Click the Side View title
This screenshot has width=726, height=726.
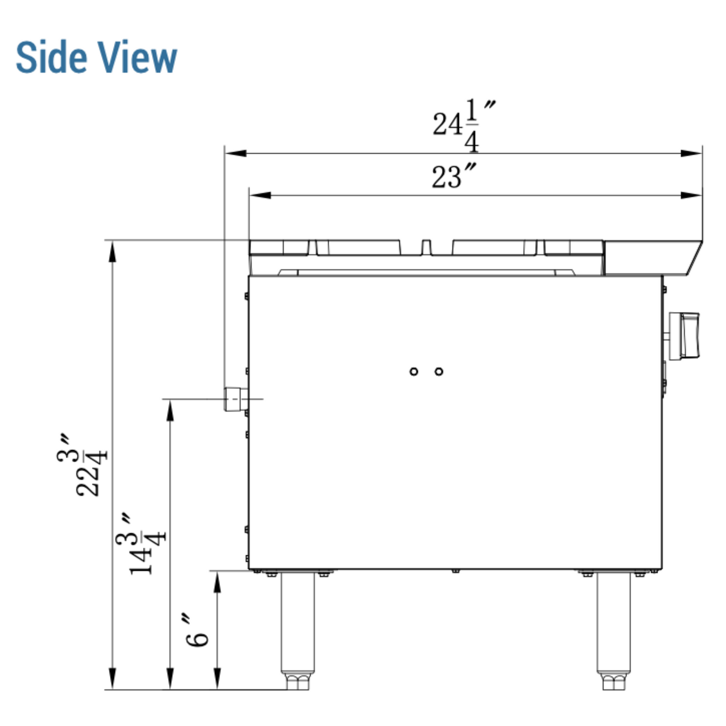[x=96, y=57]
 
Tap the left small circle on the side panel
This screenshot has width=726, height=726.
[x=413, y=372]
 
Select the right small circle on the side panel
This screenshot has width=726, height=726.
[x=439, y=372]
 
